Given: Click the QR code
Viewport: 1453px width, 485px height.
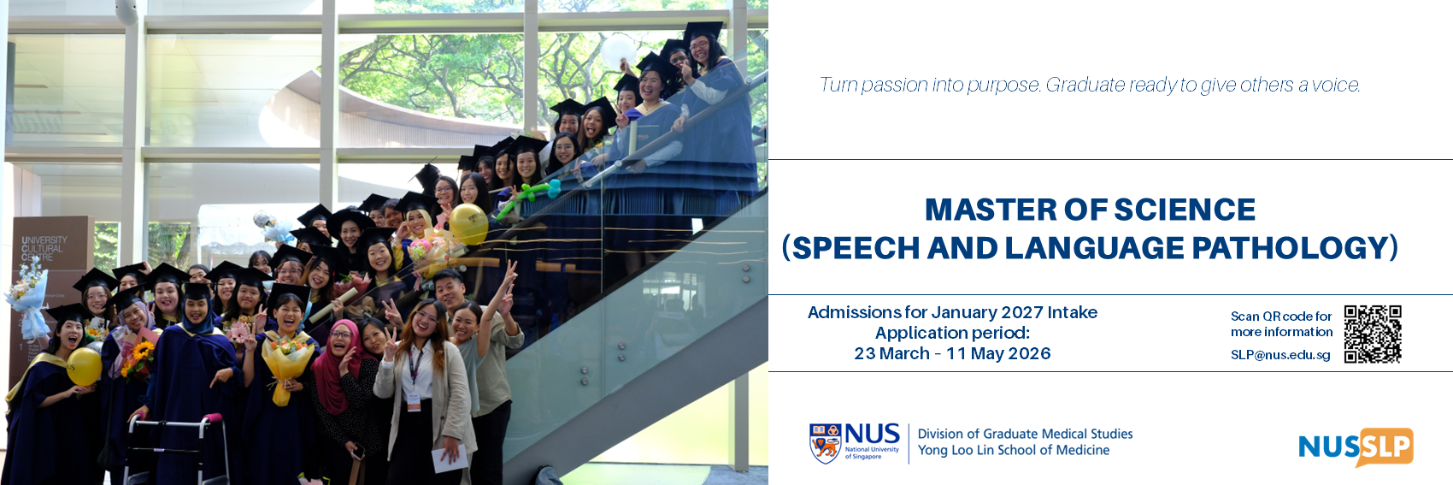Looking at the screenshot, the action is [1373, 334].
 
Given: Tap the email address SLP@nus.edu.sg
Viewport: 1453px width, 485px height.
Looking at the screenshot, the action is [1280, 355].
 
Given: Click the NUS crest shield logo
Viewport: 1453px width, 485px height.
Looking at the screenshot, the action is [825, 443].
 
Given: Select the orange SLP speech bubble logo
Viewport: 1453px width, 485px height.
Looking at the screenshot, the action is [1385, 447].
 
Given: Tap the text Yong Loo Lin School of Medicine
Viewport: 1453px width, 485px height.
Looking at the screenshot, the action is [1013, 450].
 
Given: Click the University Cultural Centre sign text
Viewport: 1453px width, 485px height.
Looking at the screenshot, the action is [44, 249].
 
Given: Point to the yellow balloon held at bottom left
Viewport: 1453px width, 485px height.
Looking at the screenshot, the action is [85, 366].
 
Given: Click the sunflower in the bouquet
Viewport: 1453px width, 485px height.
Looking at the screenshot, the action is [142, 353].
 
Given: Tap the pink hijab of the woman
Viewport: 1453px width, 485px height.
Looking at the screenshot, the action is [335, 367].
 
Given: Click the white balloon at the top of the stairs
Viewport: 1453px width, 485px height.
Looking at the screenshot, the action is [617, 52].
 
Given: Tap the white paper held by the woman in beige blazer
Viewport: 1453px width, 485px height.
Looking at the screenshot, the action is [450, 459].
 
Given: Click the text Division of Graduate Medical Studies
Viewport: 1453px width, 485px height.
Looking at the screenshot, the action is [1025, 434].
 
